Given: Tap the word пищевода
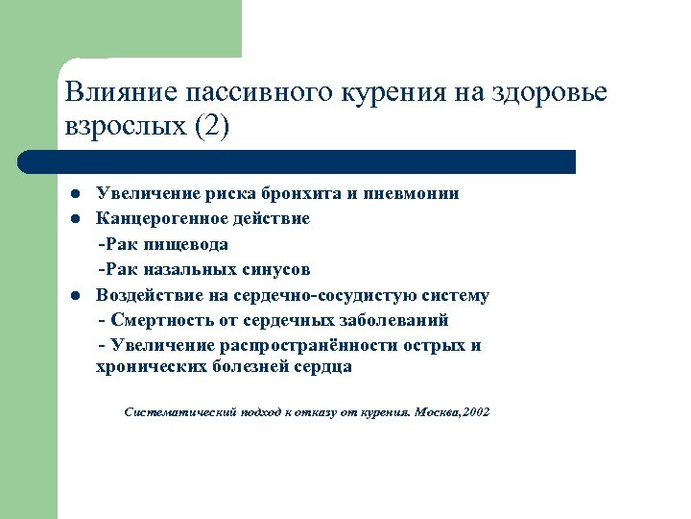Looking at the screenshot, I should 188,244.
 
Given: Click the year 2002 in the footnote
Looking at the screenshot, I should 474,412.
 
